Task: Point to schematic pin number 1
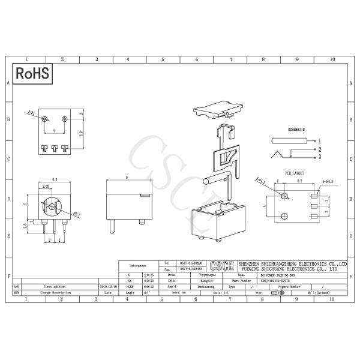click(x=320, y=140)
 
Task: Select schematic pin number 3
click(x=320, y=157)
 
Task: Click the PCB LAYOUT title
click(x=295, y=173)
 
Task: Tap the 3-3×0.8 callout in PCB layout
click(x=328, y=180)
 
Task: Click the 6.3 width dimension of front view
click(x=55, y=179)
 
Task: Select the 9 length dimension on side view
click(x=127, y=178)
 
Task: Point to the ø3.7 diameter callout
click(x=76, y=214)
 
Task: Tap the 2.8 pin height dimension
click(x=25, y=226)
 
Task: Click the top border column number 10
click(x=332, y=60)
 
